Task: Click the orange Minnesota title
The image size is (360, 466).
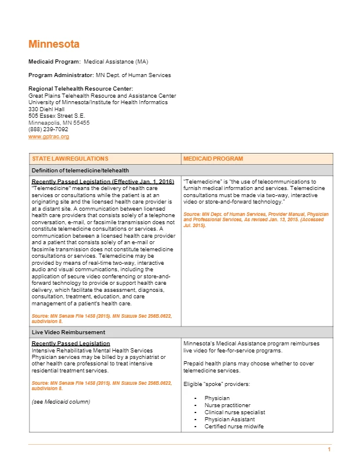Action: point(54,44)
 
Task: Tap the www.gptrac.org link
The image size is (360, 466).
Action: point(49,137)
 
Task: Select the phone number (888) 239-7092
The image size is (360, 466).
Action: point(48,129)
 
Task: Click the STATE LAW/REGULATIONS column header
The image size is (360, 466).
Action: point(70,159)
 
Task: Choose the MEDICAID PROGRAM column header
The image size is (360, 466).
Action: point(213,159)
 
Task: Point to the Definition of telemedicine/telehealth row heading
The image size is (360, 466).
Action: point(80,171)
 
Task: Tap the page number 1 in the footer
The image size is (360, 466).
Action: point(329,450)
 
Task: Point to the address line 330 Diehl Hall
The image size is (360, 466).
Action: point(46,109)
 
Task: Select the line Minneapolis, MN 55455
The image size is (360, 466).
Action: point(59,123)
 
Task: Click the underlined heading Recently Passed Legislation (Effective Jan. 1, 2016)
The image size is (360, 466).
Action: point(102,181)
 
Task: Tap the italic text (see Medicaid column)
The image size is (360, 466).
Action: point(61,402)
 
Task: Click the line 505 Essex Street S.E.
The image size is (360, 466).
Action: point(56,116)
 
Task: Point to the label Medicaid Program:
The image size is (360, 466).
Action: point(55,61)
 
